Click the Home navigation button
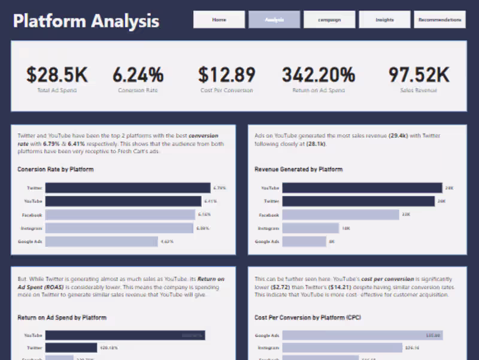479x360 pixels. (x=219, y=20)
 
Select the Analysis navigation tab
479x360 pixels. (x=274, y=20)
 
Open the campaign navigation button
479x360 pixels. (x=329, y=20)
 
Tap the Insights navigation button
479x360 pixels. (x=384, y=20)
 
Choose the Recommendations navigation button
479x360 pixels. (x=439, y=20)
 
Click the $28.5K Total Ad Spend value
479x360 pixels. (x=57, y=75)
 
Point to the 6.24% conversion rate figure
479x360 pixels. (x=138, y=75)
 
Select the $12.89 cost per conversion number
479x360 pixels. (x=227, y=75)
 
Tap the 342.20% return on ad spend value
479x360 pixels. (x=319, y=75)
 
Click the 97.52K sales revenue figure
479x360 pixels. (x=419, y=75)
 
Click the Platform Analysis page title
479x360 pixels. (x=86, y=22)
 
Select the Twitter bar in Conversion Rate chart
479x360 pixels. (x=129, y=188)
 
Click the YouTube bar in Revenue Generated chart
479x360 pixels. (x=362, y=188)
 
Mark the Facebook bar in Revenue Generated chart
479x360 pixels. (x=340, y=214)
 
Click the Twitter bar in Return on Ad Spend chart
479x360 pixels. (x=71, y=347)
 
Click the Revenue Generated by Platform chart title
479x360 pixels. (x=298, y=170)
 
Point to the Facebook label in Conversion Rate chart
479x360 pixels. (x=34, y=214)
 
